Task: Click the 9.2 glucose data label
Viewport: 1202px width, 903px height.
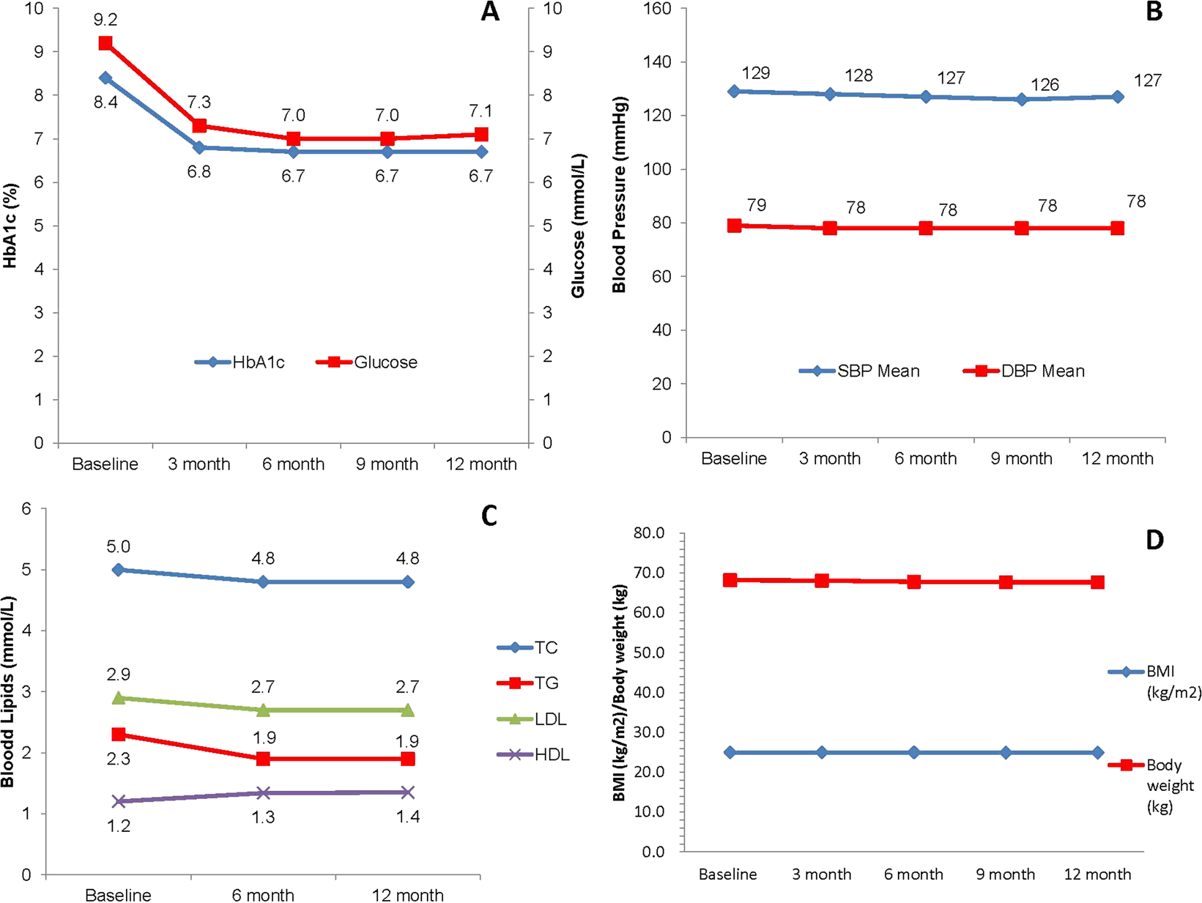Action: point(105,21)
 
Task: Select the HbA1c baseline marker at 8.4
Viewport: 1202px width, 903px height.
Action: point(105,78)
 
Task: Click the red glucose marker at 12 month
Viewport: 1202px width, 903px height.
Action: point(481,135)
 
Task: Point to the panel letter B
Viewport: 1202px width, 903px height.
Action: point(1154,12)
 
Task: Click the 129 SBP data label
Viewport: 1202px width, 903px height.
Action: point(756,73)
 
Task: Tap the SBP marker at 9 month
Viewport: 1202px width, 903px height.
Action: point(1022,99)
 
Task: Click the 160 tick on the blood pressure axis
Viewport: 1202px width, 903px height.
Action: point(657,9)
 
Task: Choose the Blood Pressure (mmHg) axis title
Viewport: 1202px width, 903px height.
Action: point(620,194)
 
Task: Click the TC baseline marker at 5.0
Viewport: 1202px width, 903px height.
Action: point(119,569)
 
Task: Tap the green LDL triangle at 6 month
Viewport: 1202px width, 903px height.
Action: point(263,710)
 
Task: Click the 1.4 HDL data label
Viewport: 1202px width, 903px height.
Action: point(408,817)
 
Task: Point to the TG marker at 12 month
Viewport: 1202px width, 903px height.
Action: point(408,759)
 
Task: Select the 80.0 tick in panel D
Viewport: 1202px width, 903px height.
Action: point(649,533)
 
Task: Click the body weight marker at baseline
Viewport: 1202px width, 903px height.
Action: point(730,580)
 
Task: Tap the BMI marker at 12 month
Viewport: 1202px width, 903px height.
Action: point(1097,752)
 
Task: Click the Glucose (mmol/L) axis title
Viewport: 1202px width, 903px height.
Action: point(579,226)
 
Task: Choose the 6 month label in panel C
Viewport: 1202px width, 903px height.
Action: point(263,895)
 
